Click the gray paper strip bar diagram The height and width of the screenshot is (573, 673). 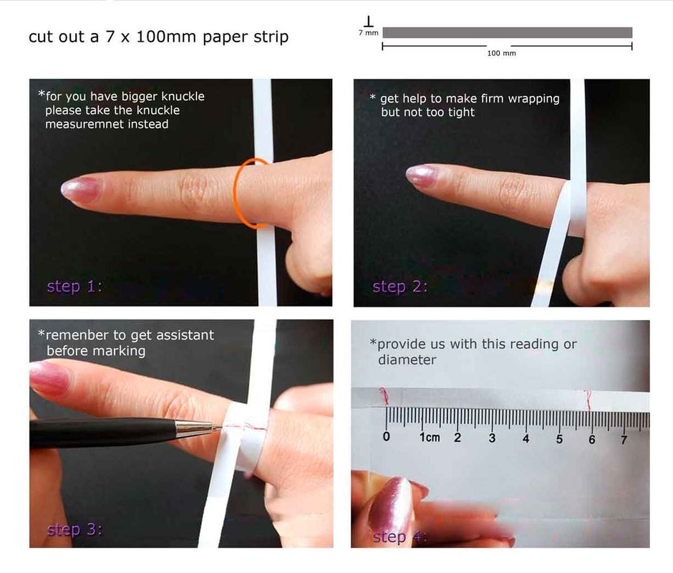508,33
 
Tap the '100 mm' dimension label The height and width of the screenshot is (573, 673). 501,53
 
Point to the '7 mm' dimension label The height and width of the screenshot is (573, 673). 368,33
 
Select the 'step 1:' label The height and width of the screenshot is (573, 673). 74,286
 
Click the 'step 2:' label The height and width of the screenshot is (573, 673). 400,286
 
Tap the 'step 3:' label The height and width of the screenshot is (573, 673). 74,529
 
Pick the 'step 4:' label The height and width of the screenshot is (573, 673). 400,537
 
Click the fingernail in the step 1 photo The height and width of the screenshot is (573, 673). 81,191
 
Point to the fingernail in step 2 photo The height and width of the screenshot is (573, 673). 422,175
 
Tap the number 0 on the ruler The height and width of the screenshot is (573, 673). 387,437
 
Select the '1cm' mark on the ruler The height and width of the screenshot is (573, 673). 430,437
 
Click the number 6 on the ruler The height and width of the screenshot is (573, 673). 592,439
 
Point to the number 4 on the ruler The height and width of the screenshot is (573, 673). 526,438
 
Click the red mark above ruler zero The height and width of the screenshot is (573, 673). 384,396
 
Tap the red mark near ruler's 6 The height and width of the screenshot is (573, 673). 588,400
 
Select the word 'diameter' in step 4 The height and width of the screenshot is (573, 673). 407,360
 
